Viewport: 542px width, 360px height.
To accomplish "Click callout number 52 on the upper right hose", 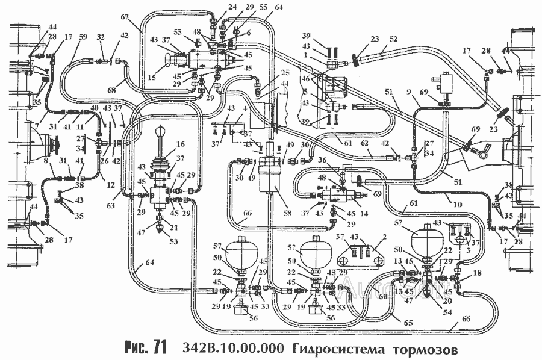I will coord(393,38).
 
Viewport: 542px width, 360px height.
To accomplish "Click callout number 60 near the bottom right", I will coord(384,295).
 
